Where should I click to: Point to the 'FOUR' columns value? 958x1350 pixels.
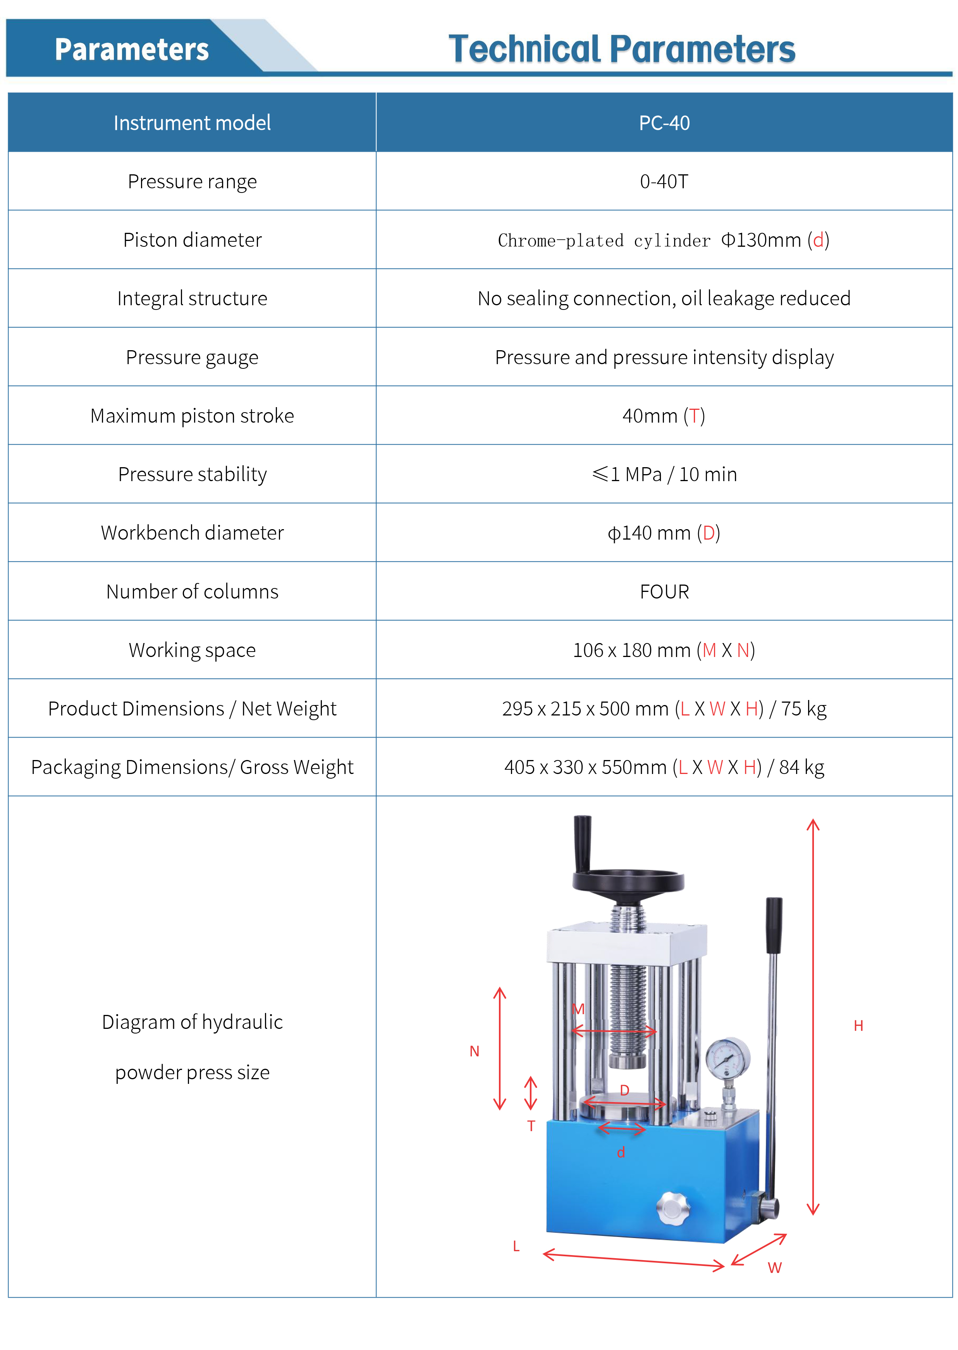(x=664, y=592)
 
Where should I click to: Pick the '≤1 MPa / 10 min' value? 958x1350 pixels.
(x=664, y=474)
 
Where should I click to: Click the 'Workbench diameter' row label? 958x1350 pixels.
(x=192, y=533)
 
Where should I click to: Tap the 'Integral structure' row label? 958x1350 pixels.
(x=192, y=298)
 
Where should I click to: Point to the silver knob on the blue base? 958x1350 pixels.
(x=673, y=1208)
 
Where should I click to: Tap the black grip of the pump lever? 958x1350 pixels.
(x=773, y=925)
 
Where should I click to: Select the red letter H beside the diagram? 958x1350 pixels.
(x=858, y=1026)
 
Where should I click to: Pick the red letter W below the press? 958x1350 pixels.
(x=774, y=1268)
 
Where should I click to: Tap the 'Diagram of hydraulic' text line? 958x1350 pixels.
(x=192, y=1022)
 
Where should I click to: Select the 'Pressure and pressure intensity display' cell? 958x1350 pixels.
(x=664, y=358)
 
